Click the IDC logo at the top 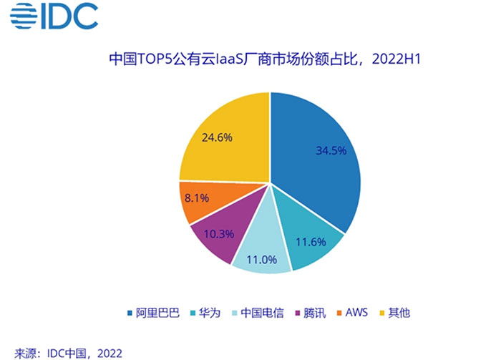54,16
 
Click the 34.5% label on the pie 331,150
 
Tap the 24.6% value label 217,137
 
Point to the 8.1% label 197,198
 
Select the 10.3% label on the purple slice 219,234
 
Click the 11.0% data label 262,259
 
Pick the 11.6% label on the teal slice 311,242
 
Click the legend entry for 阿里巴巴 154,313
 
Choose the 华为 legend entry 205,313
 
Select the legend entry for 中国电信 258,313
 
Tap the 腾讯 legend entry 310,313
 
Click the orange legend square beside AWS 339,313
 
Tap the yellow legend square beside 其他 381,313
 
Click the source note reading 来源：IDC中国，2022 68,354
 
